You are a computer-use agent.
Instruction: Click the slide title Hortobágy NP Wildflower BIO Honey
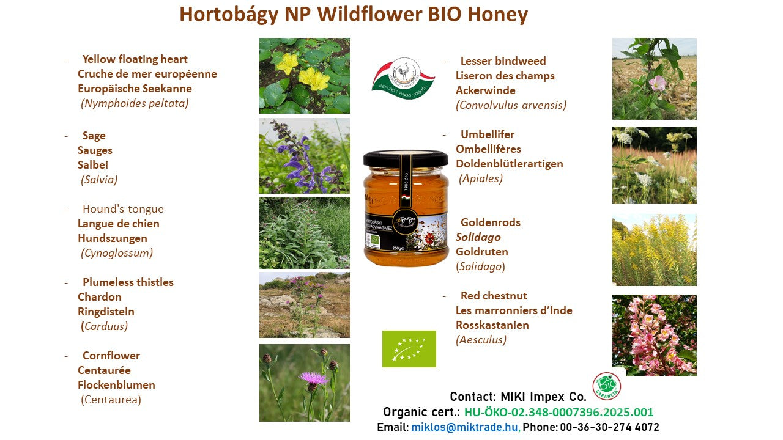click(x=353, y=15)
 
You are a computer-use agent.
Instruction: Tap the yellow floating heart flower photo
click(x=304, y=76)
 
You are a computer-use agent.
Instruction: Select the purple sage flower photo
click(x=304, y=155)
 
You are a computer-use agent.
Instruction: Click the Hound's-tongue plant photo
click(x=304, y=232)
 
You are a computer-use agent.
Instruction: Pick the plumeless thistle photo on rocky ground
click(x=304, y=304)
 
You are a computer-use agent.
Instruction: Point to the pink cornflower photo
click(x=304, y=383)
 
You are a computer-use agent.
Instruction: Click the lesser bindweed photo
click(x=654, y=79)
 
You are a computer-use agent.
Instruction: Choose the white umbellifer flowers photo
click(x=654, y=165)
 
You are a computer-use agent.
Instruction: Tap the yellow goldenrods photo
click(x=654, y=250)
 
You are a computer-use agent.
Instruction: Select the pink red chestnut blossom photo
click(x=654, y=335)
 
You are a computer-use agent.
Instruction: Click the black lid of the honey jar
click(x=406, y=159)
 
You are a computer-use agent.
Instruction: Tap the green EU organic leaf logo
click(x=409, y=349)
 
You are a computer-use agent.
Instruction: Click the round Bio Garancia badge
click(x=606, y=386)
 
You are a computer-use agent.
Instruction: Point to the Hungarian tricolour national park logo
click(x=403, y=79)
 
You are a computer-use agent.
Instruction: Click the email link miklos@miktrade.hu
click(x=465, y=427)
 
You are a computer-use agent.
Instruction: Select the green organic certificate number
click(x=558, y=412)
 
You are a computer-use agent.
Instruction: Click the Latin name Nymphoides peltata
click(x=135, y=103)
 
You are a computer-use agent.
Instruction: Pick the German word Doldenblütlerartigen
click(x=509, y=164)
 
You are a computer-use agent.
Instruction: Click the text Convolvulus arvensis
click(x=511, y=105)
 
